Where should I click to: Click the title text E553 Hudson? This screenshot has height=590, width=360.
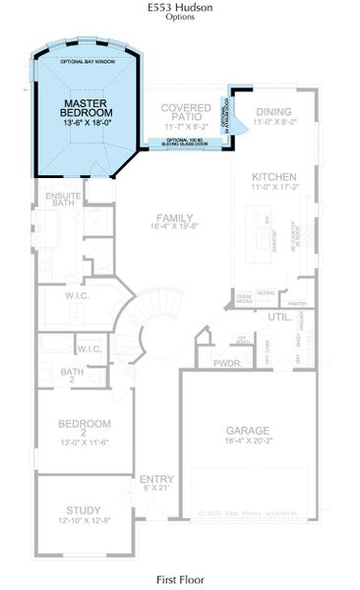pyautogui.click(x=180, y=7)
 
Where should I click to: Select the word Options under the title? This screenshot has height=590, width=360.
pyautogui.click(x=180, y=17)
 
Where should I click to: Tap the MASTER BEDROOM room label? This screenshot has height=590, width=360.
pyautogui.click(x=84, y=108)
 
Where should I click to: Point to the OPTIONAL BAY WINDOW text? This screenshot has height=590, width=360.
pyautogui.click(x=87, y=62)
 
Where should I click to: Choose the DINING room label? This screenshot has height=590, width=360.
pyautogui.click(x=274, y=112)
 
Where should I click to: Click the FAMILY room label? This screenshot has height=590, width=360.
pyautogui.click(x=172, y=218)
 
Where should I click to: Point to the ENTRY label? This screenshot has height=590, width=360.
pyautogui.click(x=156, y=478)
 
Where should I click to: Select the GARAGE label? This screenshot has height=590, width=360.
pyautogui.click(x=248, y=430)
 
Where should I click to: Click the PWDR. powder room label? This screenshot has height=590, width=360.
pyautogui.click(x=228, y=363)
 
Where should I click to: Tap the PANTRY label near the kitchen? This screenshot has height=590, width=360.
pyautogui.click(x=300, y=305)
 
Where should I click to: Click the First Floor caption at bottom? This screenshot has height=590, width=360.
pyautogui.click(x=180, y=581)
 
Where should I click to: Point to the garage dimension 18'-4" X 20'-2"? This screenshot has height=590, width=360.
pyautogui.click(x=248, y=443)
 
